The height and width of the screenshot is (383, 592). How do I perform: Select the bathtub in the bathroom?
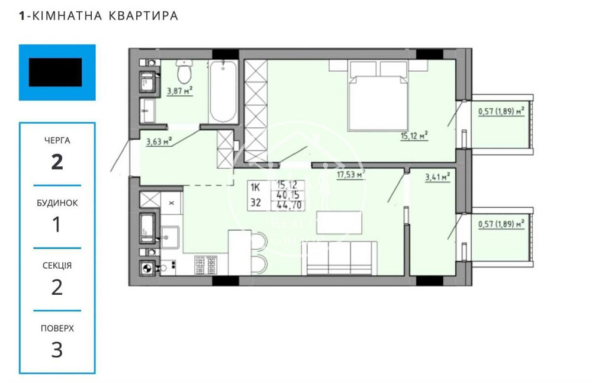223,91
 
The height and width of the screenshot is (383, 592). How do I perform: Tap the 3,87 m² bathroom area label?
180,91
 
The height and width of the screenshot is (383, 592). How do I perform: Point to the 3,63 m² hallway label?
159,141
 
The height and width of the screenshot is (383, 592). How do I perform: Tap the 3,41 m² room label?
437,176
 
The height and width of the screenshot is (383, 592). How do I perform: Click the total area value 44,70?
287,205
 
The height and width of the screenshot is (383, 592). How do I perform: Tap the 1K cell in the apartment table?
256,186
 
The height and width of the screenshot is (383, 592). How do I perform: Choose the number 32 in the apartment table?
256,202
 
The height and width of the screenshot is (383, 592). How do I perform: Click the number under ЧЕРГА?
57,162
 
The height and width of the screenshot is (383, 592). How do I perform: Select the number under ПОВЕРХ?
57,350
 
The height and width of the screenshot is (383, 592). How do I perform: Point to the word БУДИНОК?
57,202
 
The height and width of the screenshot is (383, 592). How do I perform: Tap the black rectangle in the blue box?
56,72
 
